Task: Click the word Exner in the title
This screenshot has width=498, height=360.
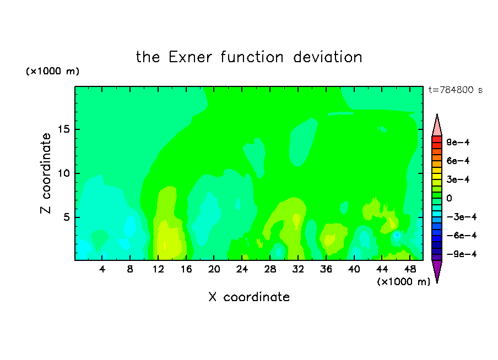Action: (190, 57)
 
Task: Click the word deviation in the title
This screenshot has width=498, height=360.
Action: (327, 57)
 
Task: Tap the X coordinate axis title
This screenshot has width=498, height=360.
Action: (249, 297)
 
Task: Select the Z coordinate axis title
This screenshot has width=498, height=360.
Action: (46, 173)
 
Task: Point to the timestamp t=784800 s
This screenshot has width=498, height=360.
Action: (456, 90)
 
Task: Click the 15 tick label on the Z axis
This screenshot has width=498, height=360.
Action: (63, 129)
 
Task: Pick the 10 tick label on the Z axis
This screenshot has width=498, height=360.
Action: (63, 173)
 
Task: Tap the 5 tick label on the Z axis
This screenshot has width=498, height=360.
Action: (66, 217)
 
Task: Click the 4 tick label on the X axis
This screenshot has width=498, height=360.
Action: (102, 269)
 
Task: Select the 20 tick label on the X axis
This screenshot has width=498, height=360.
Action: (214, 269)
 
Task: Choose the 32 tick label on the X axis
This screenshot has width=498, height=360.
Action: (298, 269)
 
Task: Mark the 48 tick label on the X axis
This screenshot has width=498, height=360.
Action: (410, 269)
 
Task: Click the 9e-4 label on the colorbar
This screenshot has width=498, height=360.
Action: (458, 142)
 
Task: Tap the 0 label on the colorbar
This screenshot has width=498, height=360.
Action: (449, 198)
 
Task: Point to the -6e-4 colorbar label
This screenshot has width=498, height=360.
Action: (462, 236)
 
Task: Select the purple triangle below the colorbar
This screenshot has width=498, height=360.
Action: (437, 270)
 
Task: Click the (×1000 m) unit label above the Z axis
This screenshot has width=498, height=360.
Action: (52, 71)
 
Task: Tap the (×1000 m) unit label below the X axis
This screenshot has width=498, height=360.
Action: (403, 282)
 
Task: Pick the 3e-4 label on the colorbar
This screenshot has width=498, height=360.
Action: (458, 179)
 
